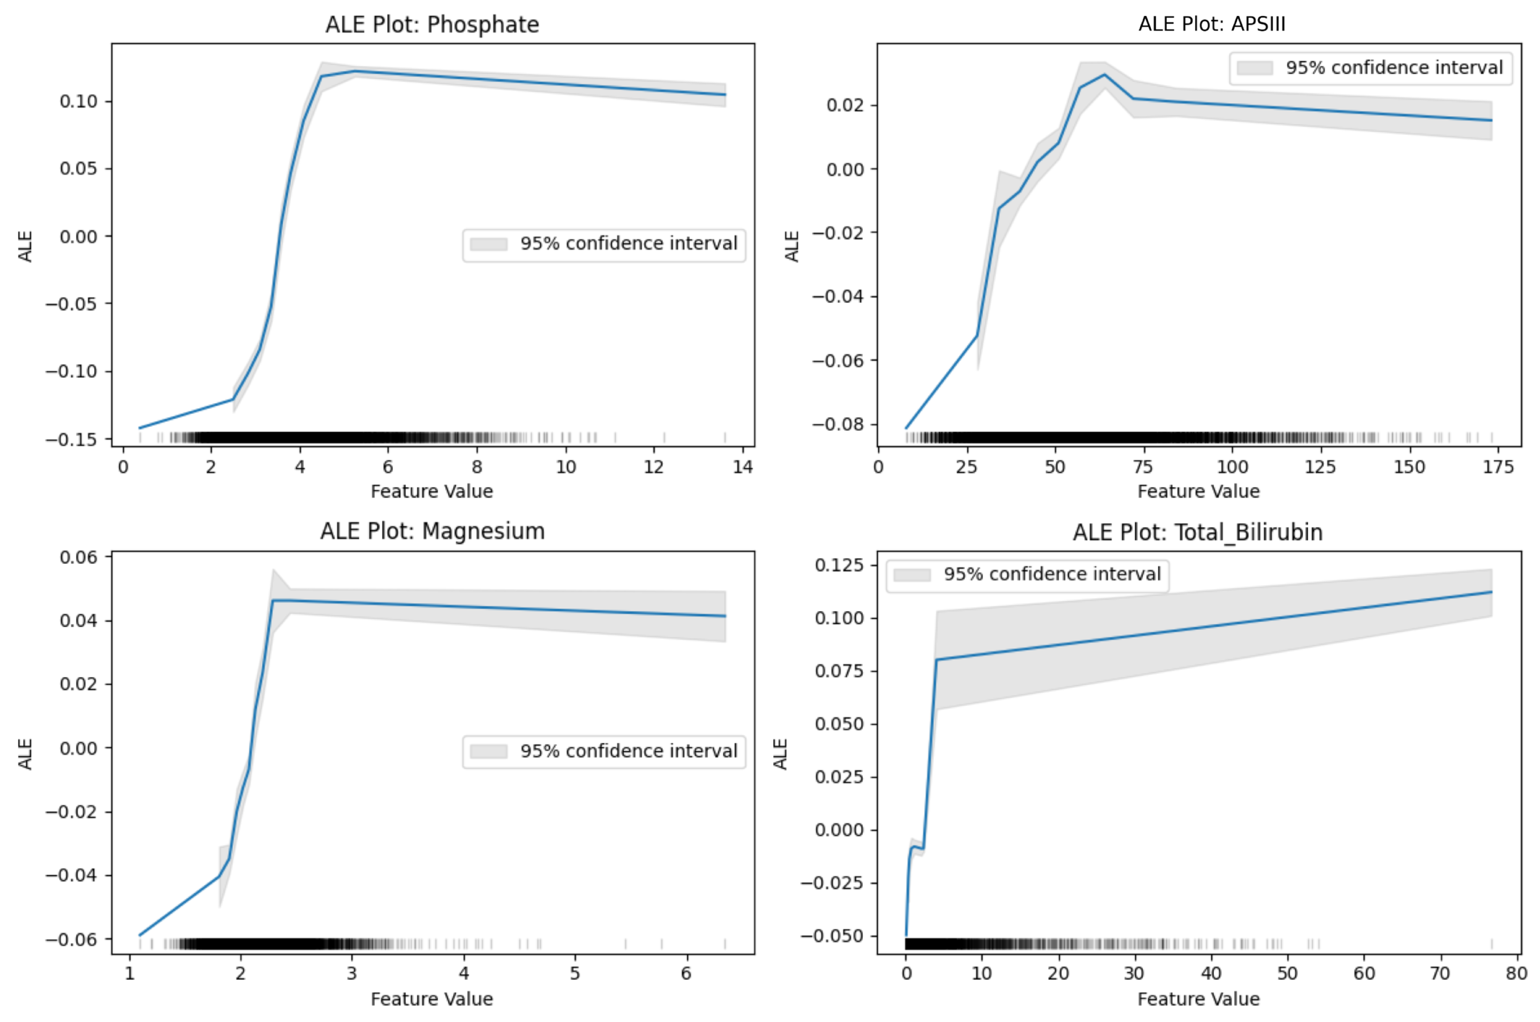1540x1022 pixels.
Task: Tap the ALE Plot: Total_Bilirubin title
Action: coord(1197,532)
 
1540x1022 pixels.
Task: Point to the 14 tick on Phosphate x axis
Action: coord(743,467)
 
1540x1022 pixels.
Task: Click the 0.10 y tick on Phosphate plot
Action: coord(78,101)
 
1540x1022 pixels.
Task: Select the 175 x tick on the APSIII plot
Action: coord(1498,467)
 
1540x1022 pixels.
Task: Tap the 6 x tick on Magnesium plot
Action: coord(686,974)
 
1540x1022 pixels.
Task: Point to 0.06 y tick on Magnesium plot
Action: coord(78,557)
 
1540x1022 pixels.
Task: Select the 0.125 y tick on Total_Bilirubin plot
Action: coord(839,565)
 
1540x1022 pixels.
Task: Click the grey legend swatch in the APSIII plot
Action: coord(1255,68)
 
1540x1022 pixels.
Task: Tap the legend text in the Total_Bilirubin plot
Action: coord(1052,574)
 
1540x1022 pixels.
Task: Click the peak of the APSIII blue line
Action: coord(1104,74)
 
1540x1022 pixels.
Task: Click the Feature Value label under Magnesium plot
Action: coord(432,999)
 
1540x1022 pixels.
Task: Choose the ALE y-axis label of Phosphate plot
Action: coord(25,246)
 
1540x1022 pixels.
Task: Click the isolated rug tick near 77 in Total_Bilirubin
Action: coord(1492,944)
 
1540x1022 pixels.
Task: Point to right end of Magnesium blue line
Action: coord(725,616)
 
